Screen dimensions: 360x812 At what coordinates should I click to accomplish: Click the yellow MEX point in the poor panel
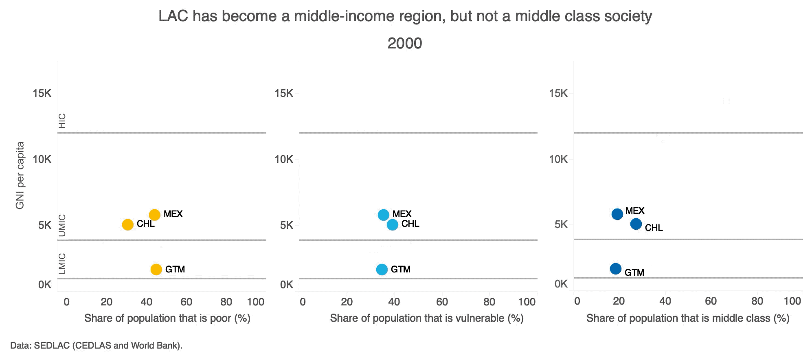[154, 215]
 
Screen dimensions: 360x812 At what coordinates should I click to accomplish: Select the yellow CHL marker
[128, 224]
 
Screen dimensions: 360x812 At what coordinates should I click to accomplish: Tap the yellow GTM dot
[156, 269]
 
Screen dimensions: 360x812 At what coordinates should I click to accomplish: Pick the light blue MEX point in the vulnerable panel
[384, 215]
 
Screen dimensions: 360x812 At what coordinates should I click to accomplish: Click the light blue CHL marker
[393, 224]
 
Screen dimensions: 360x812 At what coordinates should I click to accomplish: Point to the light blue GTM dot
[382, 269]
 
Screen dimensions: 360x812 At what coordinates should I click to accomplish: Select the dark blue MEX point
[617, 214]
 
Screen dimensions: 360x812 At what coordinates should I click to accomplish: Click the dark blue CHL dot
[636, 224]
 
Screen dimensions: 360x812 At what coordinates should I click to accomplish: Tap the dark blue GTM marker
[616, 269]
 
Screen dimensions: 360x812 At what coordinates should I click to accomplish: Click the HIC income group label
[62, 121]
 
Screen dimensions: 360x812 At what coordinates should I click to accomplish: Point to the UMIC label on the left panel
[62, 226]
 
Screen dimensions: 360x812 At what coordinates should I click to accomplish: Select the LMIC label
[62, 263]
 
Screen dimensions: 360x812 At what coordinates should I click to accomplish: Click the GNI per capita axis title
[20, 175]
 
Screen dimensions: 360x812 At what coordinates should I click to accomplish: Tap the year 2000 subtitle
[404, 43]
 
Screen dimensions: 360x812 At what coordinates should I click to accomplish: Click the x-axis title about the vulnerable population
[426, 318]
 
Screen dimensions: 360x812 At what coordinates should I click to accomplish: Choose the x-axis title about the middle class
[688, 318]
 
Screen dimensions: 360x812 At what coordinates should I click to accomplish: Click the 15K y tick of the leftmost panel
[42, 94]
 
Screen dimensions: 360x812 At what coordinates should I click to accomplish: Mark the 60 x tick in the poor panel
[187, 302]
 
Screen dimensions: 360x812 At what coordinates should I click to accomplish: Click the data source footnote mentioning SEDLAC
[96, 346]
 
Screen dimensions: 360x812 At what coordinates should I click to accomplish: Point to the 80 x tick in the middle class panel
[757, 301]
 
